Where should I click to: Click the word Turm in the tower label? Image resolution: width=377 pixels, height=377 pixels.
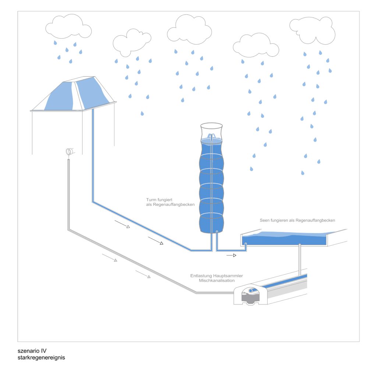151,200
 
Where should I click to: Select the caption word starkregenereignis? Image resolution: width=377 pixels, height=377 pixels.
41,357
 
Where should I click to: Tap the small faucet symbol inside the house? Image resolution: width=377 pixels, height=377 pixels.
69,151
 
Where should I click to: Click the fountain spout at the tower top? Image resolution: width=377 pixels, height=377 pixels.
211,137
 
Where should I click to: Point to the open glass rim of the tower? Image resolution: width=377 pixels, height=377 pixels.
211,126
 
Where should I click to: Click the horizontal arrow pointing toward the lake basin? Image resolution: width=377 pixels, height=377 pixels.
231,255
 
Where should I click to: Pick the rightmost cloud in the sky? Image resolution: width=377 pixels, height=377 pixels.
312,29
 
